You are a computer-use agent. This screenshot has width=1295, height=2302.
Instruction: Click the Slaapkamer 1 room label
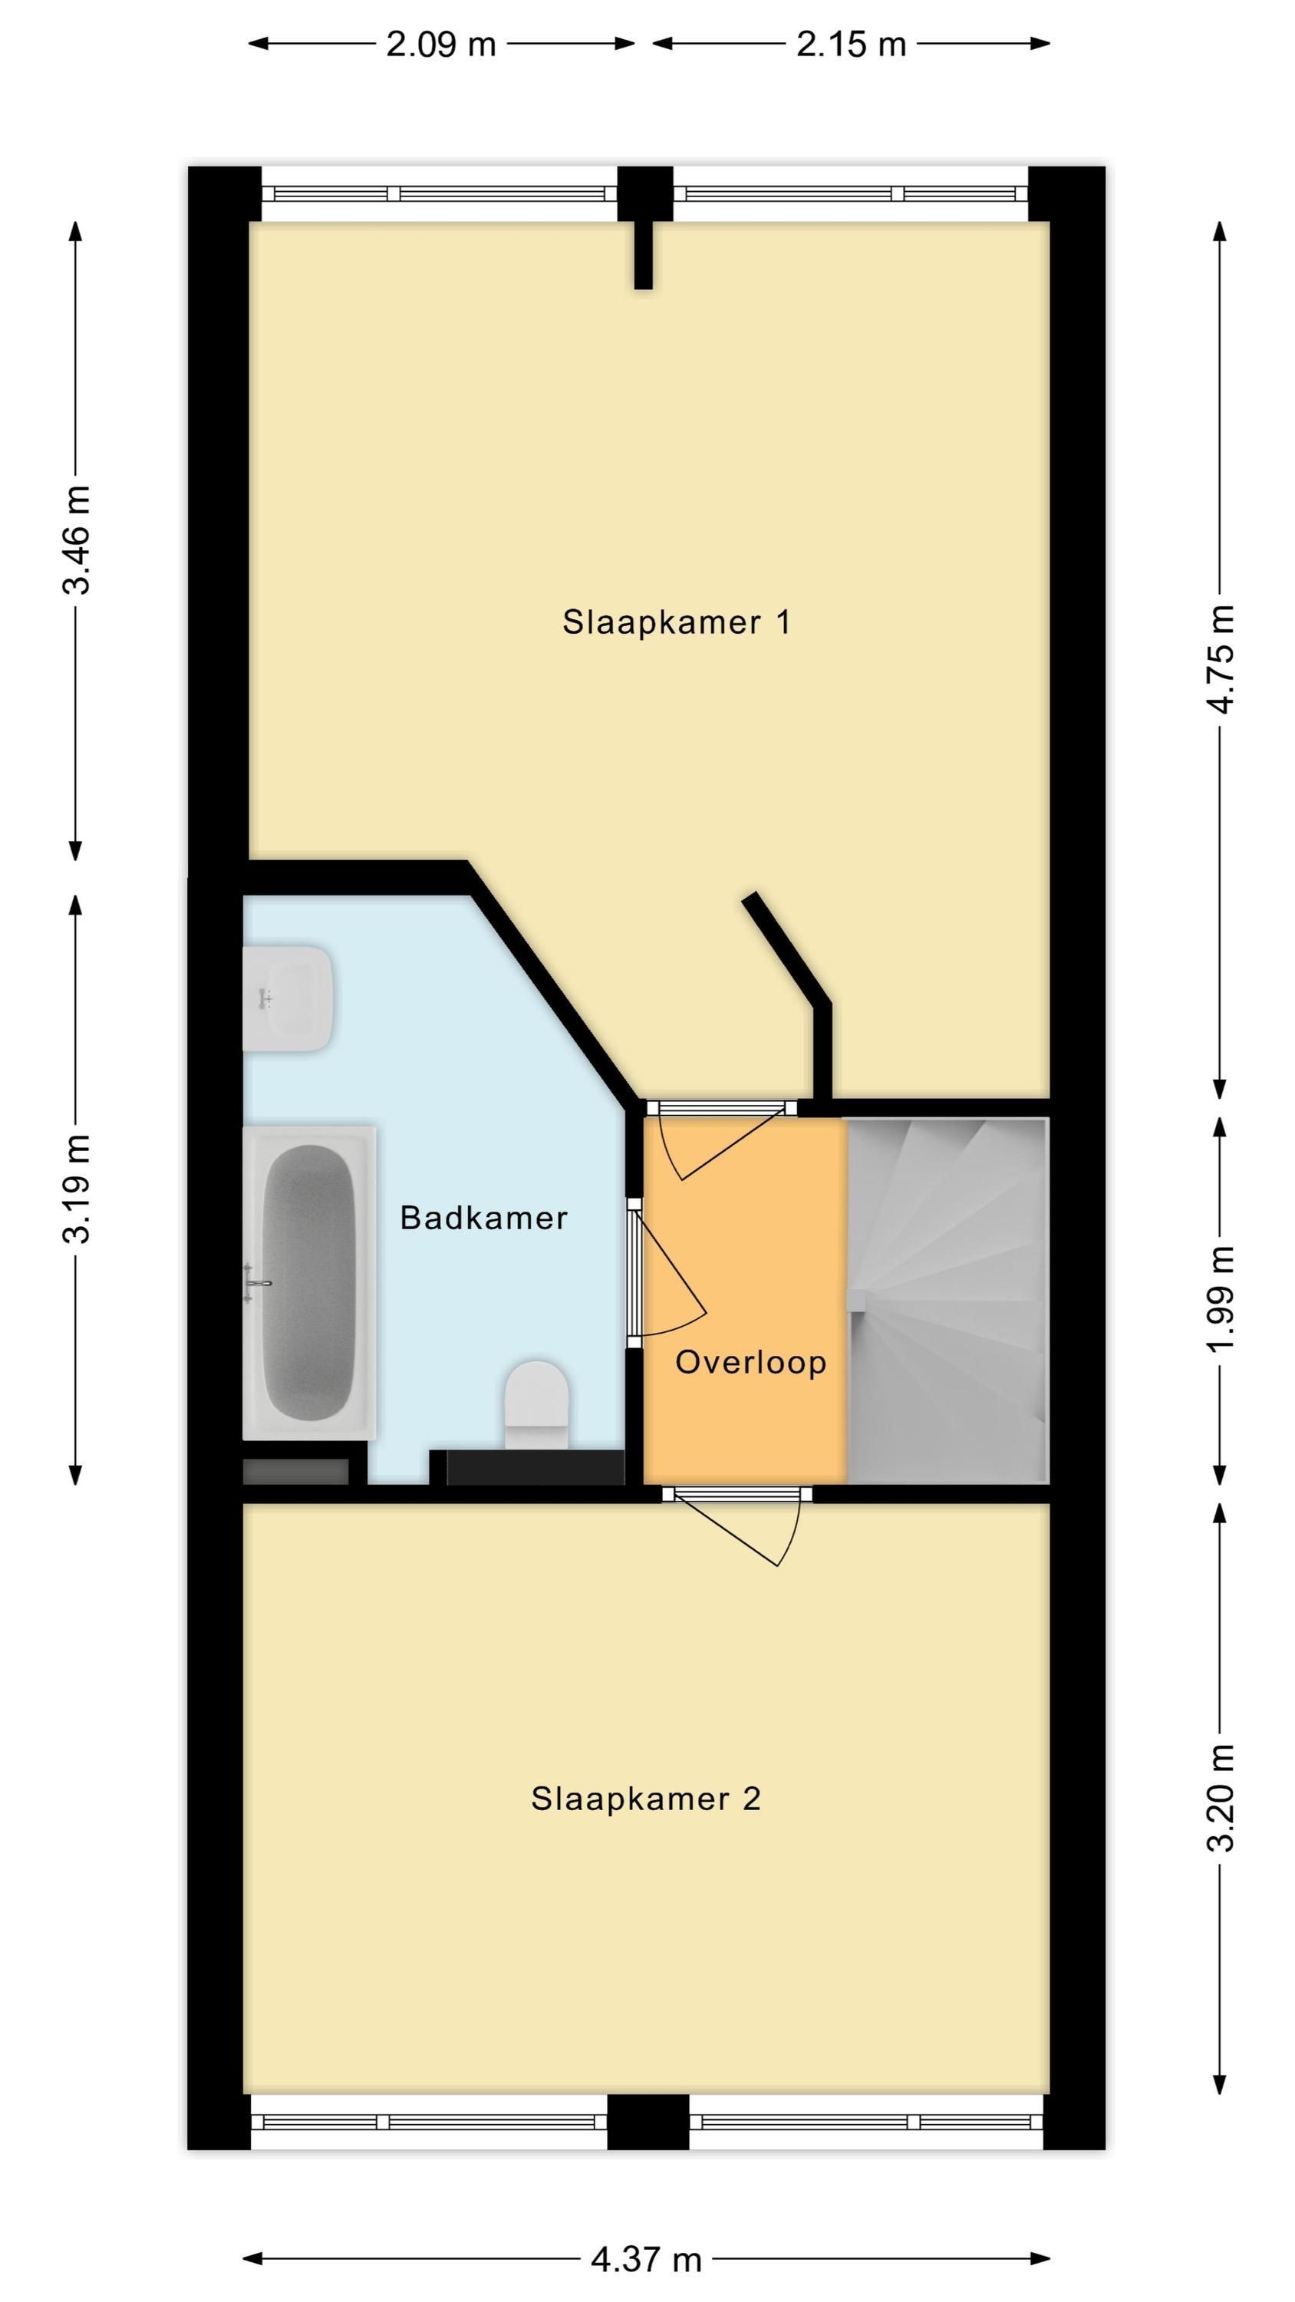[677, 622]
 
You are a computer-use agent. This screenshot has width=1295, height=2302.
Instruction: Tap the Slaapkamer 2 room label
[645, 1798]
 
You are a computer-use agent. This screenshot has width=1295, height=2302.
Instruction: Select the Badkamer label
[483, 1217]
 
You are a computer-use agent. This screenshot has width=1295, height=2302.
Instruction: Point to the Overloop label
[751, 1362]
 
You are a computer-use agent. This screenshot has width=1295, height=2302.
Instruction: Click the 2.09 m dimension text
[440, 44]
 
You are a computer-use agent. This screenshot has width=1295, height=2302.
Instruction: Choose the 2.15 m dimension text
[851, 44]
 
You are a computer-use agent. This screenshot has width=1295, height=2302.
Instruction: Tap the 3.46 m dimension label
[77, 539]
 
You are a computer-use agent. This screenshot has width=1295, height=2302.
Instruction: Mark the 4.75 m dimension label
[1221, 659]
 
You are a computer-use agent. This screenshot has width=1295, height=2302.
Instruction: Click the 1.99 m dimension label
[1221, 1298]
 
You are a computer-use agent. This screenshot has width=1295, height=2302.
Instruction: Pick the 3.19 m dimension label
[77, 1189]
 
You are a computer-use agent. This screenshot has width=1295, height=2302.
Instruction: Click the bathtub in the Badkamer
[309, 1282]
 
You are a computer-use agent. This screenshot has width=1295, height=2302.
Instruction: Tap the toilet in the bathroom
[537, 1404]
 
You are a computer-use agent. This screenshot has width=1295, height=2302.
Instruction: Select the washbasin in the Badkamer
[288, 998]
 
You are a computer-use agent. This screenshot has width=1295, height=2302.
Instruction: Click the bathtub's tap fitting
[258, 1282]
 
